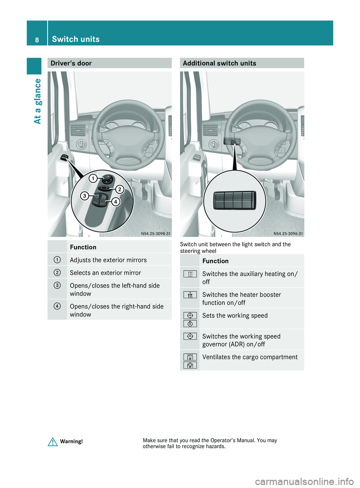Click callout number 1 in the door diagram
click(93, 178)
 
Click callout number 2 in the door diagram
click(120, 189)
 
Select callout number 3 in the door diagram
click(85, 196)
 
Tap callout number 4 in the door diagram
click(115, 202)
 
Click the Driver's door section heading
click(71, 63)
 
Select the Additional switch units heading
click(219, 63)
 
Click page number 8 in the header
click(37, 40)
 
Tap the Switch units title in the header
click(76, 39)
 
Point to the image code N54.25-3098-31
click(156, 234)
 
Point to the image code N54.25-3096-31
click(288, 234)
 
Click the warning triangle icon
click(52, 442)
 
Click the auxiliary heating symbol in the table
click(190, 274)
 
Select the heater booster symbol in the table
click(190, 295)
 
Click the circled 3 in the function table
click(57, 286)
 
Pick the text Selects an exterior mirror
click(105, 273)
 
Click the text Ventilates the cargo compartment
click(250, 357)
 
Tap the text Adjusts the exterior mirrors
click(108, 260)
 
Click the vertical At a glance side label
click(37, 101)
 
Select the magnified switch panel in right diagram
click(234, 200)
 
